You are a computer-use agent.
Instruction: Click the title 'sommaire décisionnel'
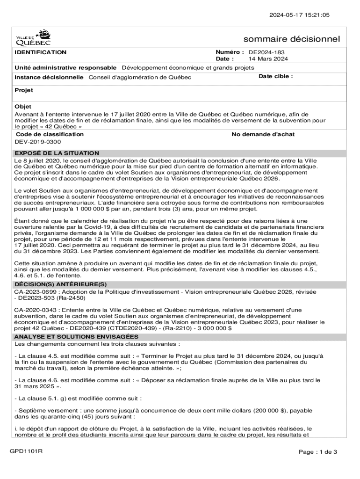click(292, 39)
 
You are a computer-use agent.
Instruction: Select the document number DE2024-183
click(266, 52)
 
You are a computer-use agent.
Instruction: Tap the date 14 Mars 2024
click(268, 59)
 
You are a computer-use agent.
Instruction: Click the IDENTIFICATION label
click(41, 52)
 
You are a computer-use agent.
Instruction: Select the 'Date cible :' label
click(276, 76)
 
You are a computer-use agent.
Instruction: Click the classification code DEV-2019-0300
click(38, 141)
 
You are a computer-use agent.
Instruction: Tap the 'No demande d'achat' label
click(263, 135)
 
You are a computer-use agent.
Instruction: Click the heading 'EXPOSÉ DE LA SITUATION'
click(57, 153)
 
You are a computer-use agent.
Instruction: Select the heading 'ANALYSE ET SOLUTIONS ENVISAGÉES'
click(76, 337)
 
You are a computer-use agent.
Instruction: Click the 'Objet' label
click(23, 107)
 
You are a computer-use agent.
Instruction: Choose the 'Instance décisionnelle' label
click(49, 77)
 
